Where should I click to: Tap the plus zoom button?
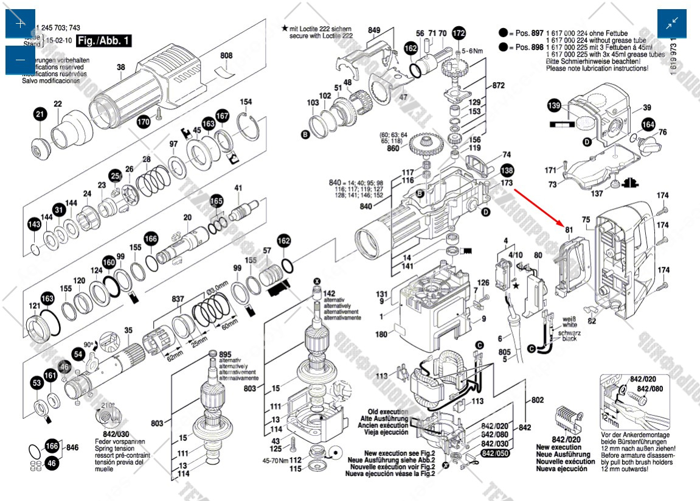coord(20,24)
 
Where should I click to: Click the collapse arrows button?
coord(672,24)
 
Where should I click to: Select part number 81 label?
coord(569,230)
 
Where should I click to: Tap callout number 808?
coord(226,56)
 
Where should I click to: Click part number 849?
coord(374,30)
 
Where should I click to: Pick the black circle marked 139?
coord(554,106)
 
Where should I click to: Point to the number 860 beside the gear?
coord(393,148)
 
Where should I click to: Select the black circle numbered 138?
coord(507,170)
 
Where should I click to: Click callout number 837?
coord(178,299)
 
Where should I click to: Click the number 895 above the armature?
coord(225,355)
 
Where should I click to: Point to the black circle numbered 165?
coord(217,201)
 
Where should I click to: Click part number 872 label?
coord(499,86)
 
